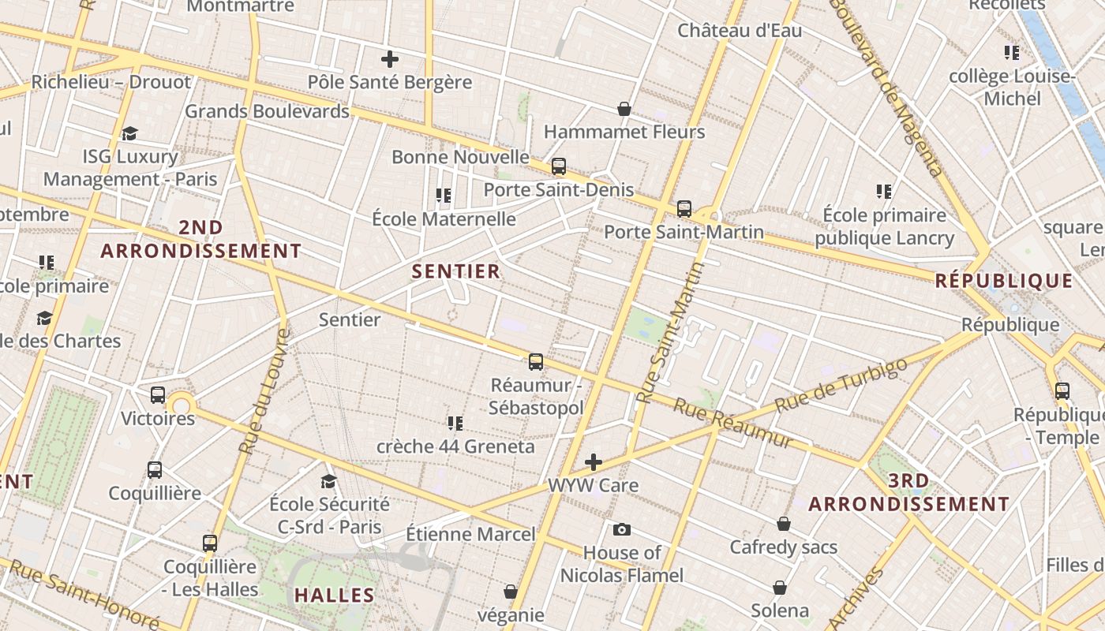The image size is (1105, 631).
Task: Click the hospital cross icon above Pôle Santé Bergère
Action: click(390, 59)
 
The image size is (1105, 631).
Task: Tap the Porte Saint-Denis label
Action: click(558, 190)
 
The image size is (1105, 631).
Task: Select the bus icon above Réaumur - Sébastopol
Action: click(536, 362)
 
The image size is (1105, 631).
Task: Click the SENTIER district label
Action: click(456, 271)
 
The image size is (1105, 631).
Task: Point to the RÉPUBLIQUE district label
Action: click(1004, 281)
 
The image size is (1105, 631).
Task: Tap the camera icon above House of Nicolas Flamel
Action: click(622, 529)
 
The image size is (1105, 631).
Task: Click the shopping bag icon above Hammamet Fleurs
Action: click(624, 109)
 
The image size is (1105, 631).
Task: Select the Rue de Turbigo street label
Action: click(841, 386)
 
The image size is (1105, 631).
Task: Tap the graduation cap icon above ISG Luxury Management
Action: click(130, 133)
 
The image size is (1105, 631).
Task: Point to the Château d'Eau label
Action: click(740, 31)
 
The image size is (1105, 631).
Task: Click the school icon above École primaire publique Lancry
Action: click(884, 192)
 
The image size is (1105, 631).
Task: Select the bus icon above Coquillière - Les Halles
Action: click(210, 543)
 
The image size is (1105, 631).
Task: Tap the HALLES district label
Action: click(334, 595)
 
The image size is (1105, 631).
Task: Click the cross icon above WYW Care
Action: click(594, 462)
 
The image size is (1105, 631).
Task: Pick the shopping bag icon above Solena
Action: click(780, 588)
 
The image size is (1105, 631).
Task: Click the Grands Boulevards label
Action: click(267, 111)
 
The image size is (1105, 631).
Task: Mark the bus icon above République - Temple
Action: click(1062, 390)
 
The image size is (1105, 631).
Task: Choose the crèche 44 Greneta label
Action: click(455, 446)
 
